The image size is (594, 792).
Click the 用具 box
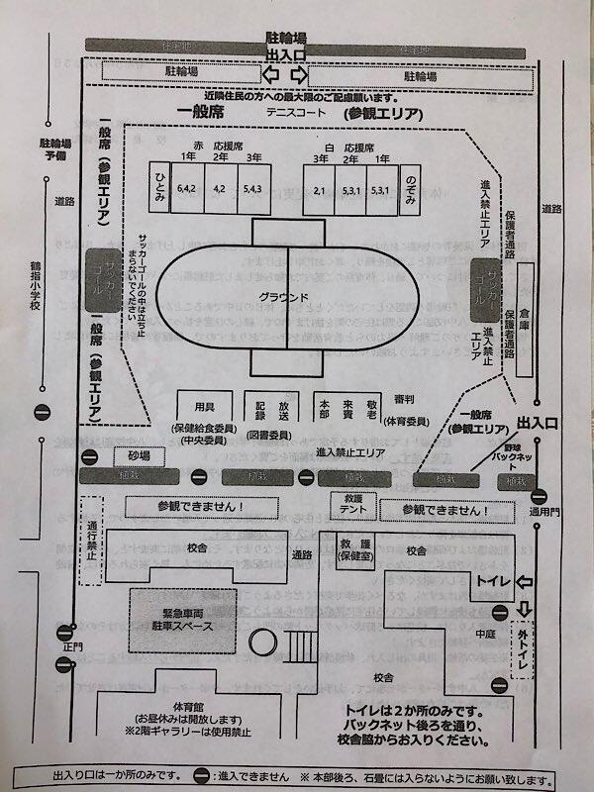[x=204, y=406]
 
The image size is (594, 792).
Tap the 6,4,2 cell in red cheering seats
[x=186, y=188]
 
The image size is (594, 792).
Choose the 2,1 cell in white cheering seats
[x=320, y=188]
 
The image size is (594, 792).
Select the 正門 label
[x=67, y=646]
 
